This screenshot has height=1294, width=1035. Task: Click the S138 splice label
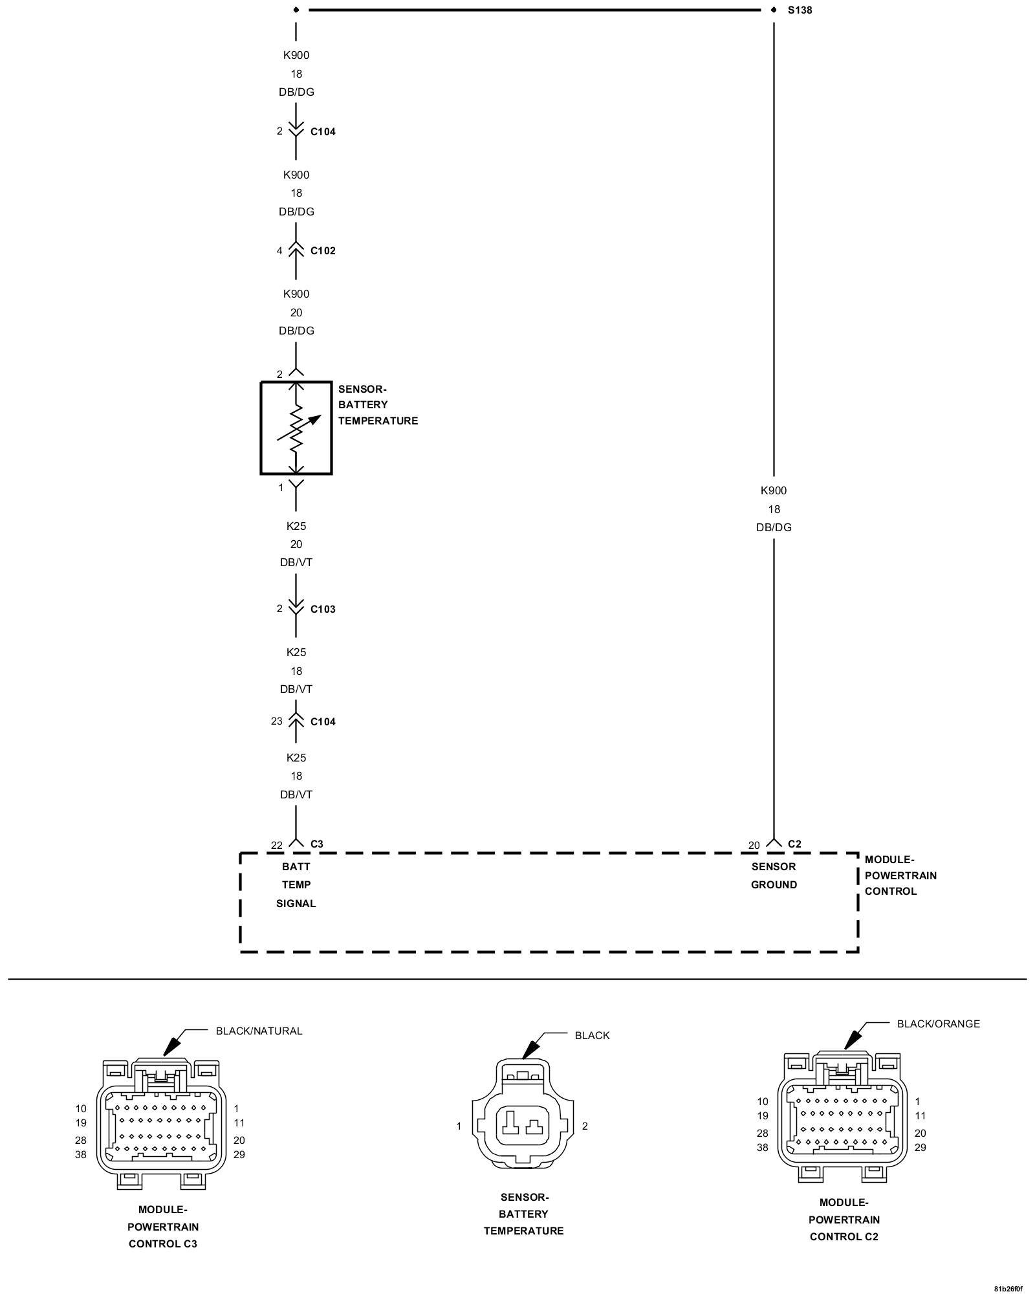[800, 10]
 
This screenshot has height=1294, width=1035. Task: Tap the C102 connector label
[323, 251]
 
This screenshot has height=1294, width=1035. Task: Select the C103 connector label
[323, 609]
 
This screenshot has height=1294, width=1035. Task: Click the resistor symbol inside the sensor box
[296, 428]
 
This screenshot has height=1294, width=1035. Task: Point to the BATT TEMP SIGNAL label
[296, 884]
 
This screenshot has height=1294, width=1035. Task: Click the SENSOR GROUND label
[774, 875]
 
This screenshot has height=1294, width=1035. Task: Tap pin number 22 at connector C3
[277, 845]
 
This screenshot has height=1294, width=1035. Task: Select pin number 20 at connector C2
[754, 845]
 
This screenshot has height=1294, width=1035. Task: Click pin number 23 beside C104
[277, 721]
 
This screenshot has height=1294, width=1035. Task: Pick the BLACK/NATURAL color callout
[259, 1031]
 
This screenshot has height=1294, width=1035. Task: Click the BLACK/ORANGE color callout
[938, 1024]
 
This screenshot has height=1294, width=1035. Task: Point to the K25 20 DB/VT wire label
[296, 544]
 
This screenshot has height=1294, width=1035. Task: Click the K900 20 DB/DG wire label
[296, 312]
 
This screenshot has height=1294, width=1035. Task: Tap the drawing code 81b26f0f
[1008, 1288]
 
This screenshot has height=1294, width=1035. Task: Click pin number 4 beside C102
[279, 251]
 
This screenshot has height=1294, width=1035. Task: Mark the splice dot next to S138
[774, 10]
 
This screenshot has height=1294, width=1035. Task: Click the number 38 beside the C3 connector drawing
[80, 1154]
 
